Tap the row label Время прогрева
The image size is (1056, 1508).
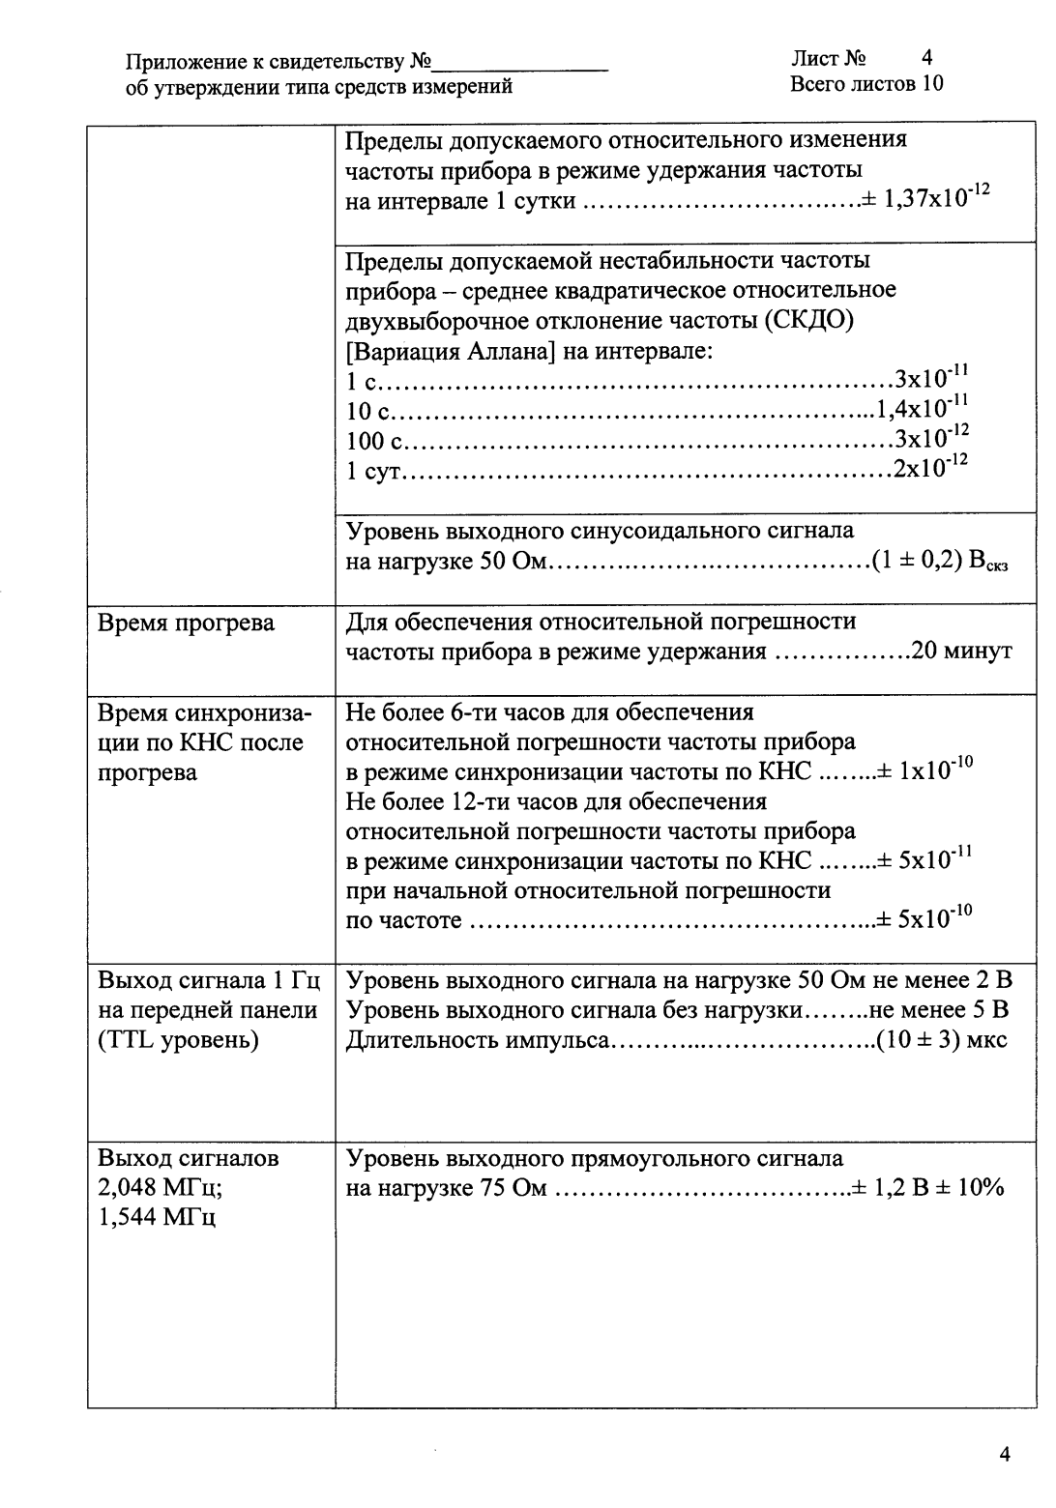pos(187,623)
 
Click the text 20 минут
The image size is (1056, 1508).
pos(962,652)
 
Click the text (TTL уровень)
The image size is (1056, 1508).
pos(179,1040)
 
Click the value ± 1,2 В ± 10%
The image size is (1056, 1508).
pos(928,1188)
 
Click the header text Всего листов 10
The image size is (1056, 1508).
pos(866,84)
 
